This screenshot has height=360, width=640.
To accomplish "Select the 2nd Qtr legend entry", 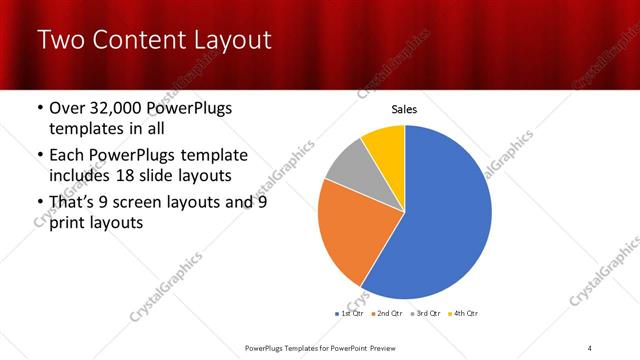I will [x=389, y=313].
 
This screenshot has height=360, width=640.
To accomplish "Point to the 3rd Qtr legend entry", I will [x=428, y=313].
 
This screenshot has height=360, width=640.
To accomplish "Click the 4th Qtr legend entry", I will [x=465, y=313].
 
